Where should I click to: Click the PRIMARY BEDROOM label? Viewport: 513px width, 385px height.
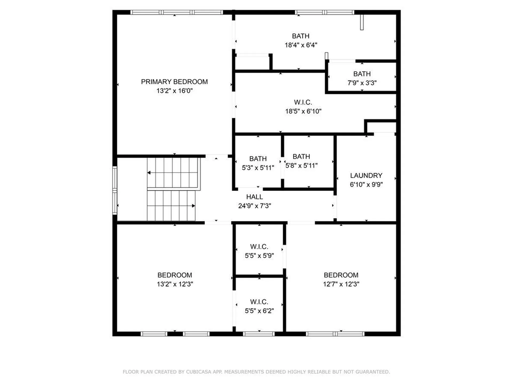click(174, 82)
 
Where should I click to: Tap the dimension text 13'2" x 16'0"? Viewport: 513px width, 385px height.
click(174, 91)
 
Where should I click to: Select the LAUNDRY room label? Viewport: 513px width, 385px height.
click(366, 176)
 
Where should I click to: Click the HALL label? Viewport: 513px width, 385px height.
click(254, 197)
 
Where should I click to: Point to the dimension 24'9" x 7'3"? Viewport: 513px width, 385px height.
click(254, 206)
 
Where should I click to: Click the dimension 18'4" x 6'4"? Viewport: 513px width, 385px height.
click(301, 45)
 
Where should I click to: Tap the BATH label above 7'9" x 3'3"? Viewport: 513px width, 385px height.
click(362, 74)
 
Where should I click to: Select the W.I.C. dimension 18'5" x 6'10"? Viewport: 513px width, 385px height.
click(303, 111)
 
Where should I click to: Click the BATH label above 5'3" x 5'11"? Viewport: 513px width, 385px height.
click(258, 159)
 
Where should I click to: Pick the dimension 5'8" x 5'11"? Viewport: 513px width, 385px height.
click(301, 166)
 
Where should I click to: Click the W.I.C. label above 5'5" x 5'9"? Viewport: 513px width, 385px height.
click(259, 247)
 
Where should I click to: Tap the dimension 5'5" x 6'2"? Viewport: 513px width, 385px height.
click(259, 311)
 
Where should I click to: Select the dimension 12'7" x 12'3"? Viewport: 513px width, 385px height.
click(341, 284)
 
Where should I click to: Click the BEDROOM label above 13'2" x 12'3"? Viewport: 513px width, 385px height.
click(174, 275)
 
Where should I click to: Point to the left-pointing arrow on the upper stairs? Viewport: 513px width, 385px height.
click(149, 173)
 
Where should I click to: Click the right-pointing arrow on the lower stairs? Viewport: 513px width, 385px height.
click(193, 206)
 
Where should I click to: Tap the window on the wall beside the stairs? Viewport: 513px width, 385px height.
click(115, 190)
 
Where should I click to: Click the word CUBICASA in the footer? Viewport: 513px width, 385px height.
click(199, 372)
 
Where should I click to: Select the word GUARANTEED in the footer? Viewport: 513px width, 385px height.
click(374, 372)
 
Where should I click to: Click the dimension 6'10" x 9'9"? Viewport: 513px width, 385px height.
click(366, 184)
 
